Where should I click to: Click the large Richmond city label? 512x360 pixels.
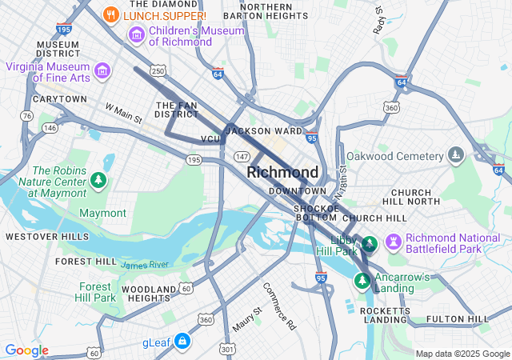tap(282, 172)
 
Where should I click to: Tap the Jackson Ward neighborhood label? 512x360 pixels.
tap(263, 130)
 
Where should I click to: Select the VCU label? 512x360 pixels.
tap(210, 139)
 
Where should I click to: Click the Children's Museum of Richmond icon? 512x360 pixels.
tap(136, 35)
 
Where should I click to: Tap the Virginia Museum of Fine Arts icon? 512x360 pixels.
tap(102, 71)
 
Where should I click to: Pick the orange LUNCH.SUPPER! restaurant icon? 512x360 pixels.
tap(112, 14)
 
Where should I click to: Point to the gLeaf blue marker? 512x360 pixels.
tap(182, 342)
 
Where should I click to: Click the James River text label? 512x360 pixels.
tap(145, 264)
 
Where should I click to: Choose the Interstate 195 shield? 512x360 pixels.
tap(65, 28)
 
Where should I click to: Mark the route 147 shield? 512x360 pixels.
tap(242, 156)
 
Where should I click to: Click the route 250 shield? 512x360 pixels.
tap(158, 71)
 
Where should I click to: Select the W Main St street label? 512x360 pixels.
tap(123, 113)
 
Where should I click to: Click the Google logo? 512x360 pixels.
tap(26, 350)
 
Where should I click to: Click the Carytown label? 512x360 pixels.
tap(59, 98)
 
